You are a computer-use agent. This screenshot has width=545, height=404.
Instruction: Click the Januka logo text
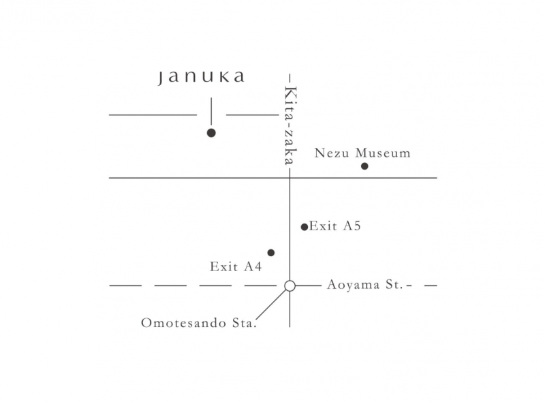[201, 77]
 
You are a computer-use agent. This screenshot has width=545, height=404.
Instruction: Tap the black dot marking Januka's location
[211, 133]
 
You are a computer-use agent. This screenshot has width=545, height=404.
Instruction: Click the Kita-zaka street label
[291, 126]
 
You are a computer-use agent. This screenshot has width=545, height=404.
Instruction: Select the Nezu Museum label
[362, 153]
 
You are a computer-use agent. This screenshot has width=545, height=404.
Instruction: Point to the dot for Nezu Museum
[364, 166]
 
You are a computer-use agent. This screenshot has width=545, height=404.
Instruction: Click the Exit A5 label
[335, 226]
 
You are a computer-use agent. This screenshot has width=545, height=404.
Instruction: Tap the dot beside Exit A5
[305, 227]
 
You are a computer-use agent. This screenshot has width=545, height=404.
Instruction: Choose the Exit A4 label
[236, 266]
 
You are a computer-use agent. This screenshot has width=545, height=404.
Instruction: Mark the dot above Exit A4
[271, 253]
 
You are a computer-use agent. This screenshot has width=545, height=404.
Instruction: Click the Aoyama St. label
[365, 285]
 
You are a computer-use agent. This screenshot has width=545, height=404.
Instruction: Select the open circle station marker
[290, 285]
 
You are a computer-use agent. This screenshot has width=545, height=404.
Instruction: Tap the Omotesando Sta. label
[199, 323]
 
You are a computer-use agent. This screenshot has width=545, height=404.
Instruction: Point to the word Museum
[383, 153]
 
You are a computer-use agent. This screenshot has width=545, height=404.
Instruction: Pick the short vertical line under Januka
[211, 111]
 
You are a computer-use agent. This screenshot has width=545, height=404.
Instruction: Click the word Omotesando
[183, 323]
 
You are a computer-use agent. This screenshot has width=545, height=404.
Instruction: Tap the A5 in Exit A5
[352, 226]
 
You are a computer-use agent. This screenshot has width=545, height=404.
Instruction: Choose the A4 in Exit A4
[253, 266]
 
